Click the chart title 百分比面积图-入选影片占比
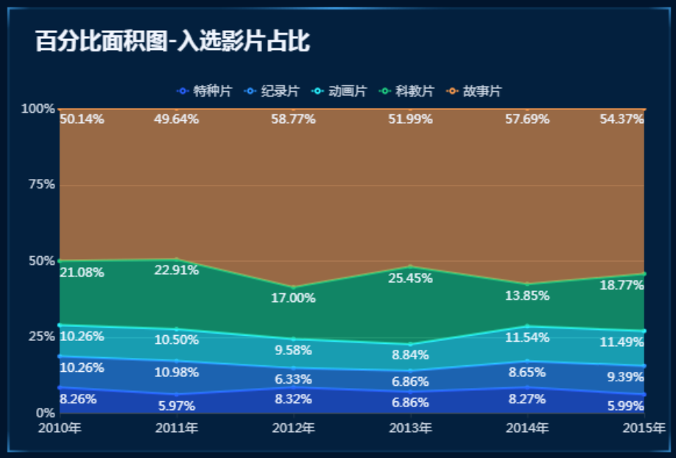pos(172,42)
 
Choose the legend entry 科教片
pos(408,91)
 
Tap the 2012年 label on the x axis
pos(293,428)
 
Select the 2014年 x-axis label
pos(527,428)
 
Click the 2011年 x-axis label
pos(177,428)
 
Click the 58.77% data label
pos(293,119)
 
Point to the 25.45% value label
pos(410,278)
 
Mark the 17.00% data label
pos(293,298)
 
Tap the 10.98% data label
pos(177,373)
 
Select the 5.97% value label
pos(177,406)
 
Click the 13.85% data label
pos(527,295)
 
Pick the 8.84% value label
pos(410,356)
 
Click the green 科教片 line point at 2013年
pos(410,267)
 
